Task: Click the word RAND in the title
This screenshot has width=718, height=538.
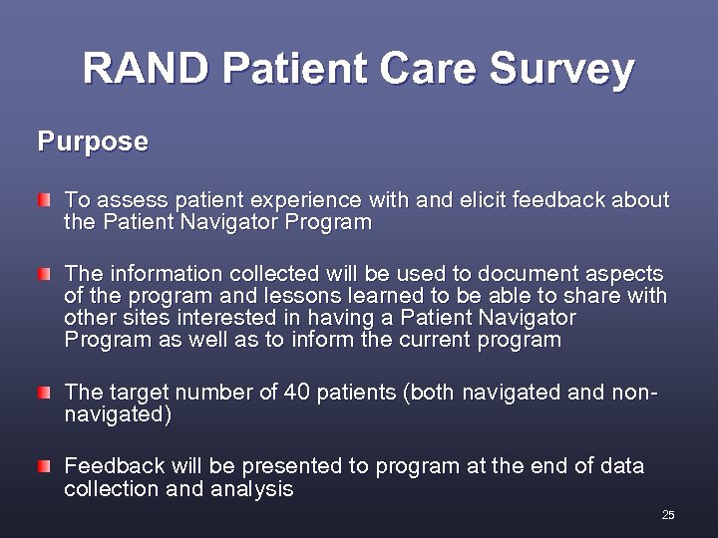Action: tap(147, 69)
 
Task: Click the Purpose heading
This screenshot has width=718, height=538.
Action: tap(93, 141)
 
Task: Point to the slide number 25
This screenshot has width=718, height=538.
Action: tap(668, 515)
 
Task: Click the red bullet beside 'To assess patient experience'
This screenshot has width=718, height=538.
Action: tap(44, 201)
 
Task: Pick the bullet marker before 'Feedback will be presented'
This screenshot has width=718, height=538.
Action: tap(44, 466)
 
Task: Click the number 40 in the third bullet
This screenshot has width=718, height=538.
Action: tap(298, 392)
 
